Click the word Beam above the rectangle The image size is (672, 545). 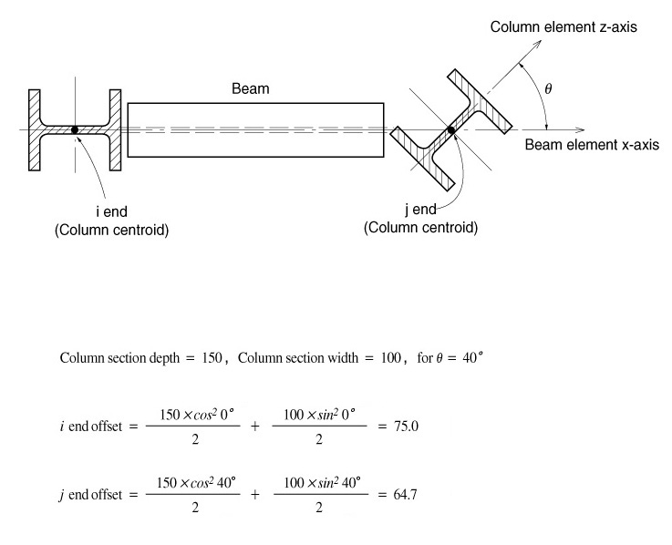coord(251,89)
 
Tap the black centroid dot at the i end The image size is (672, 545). coord(75,130)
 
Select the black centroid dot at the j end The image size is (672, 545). coord(450,130)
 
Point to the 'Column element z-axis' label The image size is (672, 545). coord(563,27)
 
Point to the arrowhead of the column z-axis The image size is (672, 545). coord(523,65)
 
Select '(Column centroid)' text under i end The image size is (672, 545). coord(112,230)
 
